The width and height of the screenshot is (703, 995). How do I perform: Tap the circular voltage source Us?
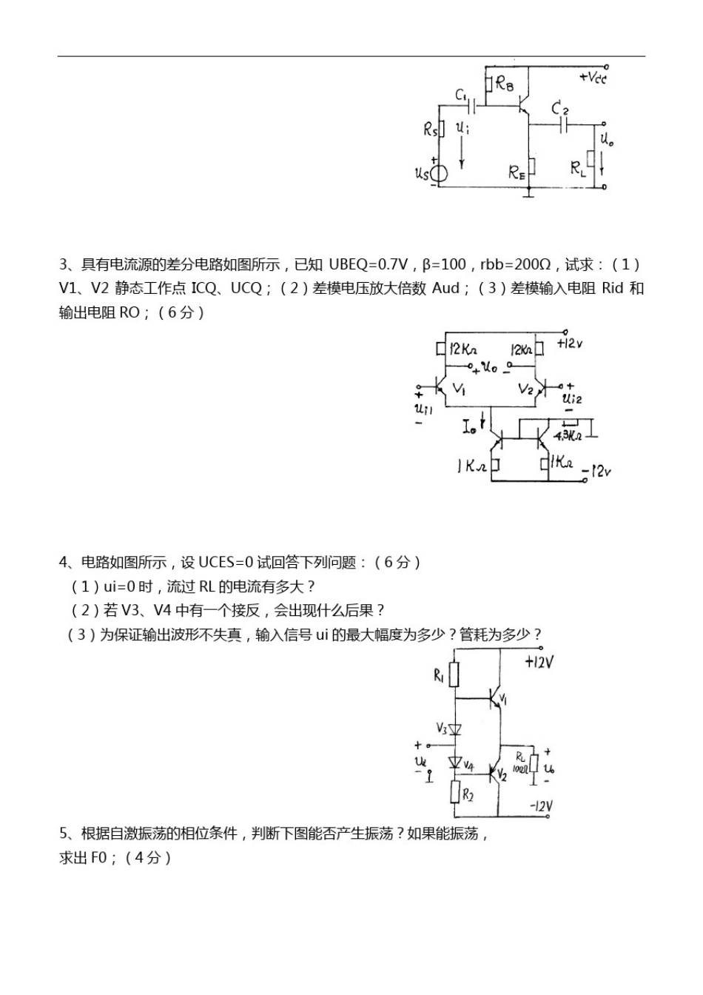(x=439, y=174)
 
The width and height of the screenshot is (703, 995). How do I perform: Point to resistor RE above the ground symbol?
(x=529, y=172)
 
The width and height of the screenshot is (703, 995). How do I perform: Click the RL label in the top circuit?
(x=578, y=170)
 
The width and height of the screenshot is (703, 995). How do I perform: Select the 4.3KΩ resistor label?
(x=568, y=436)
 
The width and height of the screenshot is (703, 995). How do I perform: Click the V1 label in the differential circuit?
(x=459, y=389)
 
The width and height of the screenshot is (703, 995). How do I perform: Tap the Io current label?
(x=470, y=427)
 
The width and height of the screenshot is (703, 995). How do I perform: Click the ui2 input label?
(x=572, y=399)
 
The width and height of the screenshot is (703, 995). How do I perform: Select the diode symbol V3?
(x=455, y=729)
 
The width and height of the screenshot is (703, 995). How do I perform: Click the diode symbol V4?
(x=455, y=762)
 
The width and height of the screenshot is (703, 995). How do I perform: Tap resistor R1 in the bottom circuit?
(x=454, y=674)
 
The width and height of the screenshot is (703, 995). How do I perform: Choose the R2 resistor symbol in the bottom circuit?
(x=454, y=793)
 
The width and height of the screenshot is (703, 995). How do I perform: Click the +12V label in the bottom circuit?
(x=539, y=662)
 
